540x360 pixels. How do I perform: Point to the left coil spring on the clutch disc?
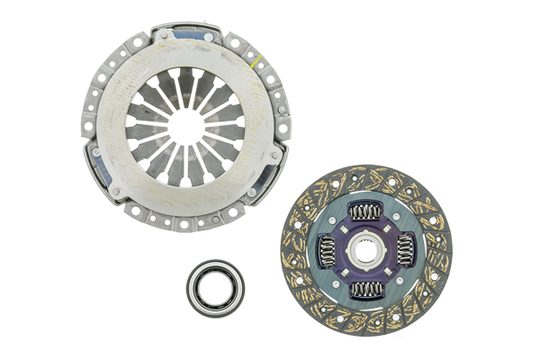click(324, 250)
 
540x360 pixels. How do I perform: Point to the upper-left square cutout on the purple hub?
click(347, 233)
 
